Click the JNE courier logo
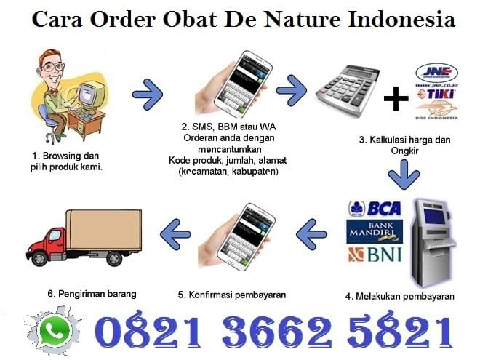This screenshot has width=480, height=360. [x=437, y=73]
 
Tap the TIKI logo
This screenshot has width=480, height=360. [x=437, y=94]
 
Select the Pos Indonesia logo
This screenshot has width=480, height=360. [x=437, y=111]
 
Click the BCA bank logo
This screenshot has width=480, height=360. [x=375, y=209]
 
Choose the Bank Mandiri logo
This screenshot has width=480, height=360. [x=375, y=232]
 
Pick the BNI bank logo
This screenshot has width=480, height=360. [x=375, y=255]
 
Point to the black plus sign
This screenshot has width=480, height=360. [x=396, y=99]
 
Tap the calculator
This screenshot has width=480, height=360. [x=348, y=89]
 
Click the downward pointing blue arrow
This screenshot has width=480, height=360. [x=404, y=175]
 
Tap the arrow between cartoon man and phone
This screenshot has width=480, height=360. [x=148, y=95]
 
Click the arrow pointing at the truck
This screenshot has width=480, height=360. [x=175, y=234]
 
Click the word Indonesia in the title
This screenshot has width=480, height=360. [x=401, y=19]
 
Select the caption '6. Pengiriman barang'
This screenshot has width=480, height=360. [x=92, y=294]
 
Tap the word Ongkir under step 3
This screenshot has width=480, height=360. [x=404, y=151]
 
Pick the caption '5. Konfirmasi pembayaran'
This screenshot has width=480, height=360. [x=232, y=295]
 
